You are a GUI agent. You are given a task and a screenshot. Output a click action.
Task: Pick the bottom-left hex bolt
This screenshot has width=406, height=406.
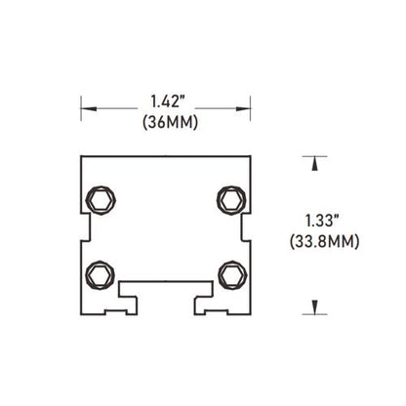pos(99,272)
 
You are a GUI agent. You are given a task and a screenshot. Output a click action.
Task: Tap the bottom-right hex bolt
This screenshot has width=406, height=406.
pos(230,272)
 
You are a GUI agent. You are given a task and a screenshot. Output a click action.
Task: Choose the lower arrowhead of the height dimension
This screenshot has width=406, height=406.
pos(314,307)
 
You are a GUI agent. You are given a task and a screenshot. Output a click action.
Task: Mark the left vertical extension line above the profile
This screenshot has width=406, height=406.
pos(80,110)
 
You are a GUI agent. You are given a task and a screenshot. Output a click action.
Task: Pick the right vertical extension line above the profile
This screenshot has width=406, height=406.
pos(253,110)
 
